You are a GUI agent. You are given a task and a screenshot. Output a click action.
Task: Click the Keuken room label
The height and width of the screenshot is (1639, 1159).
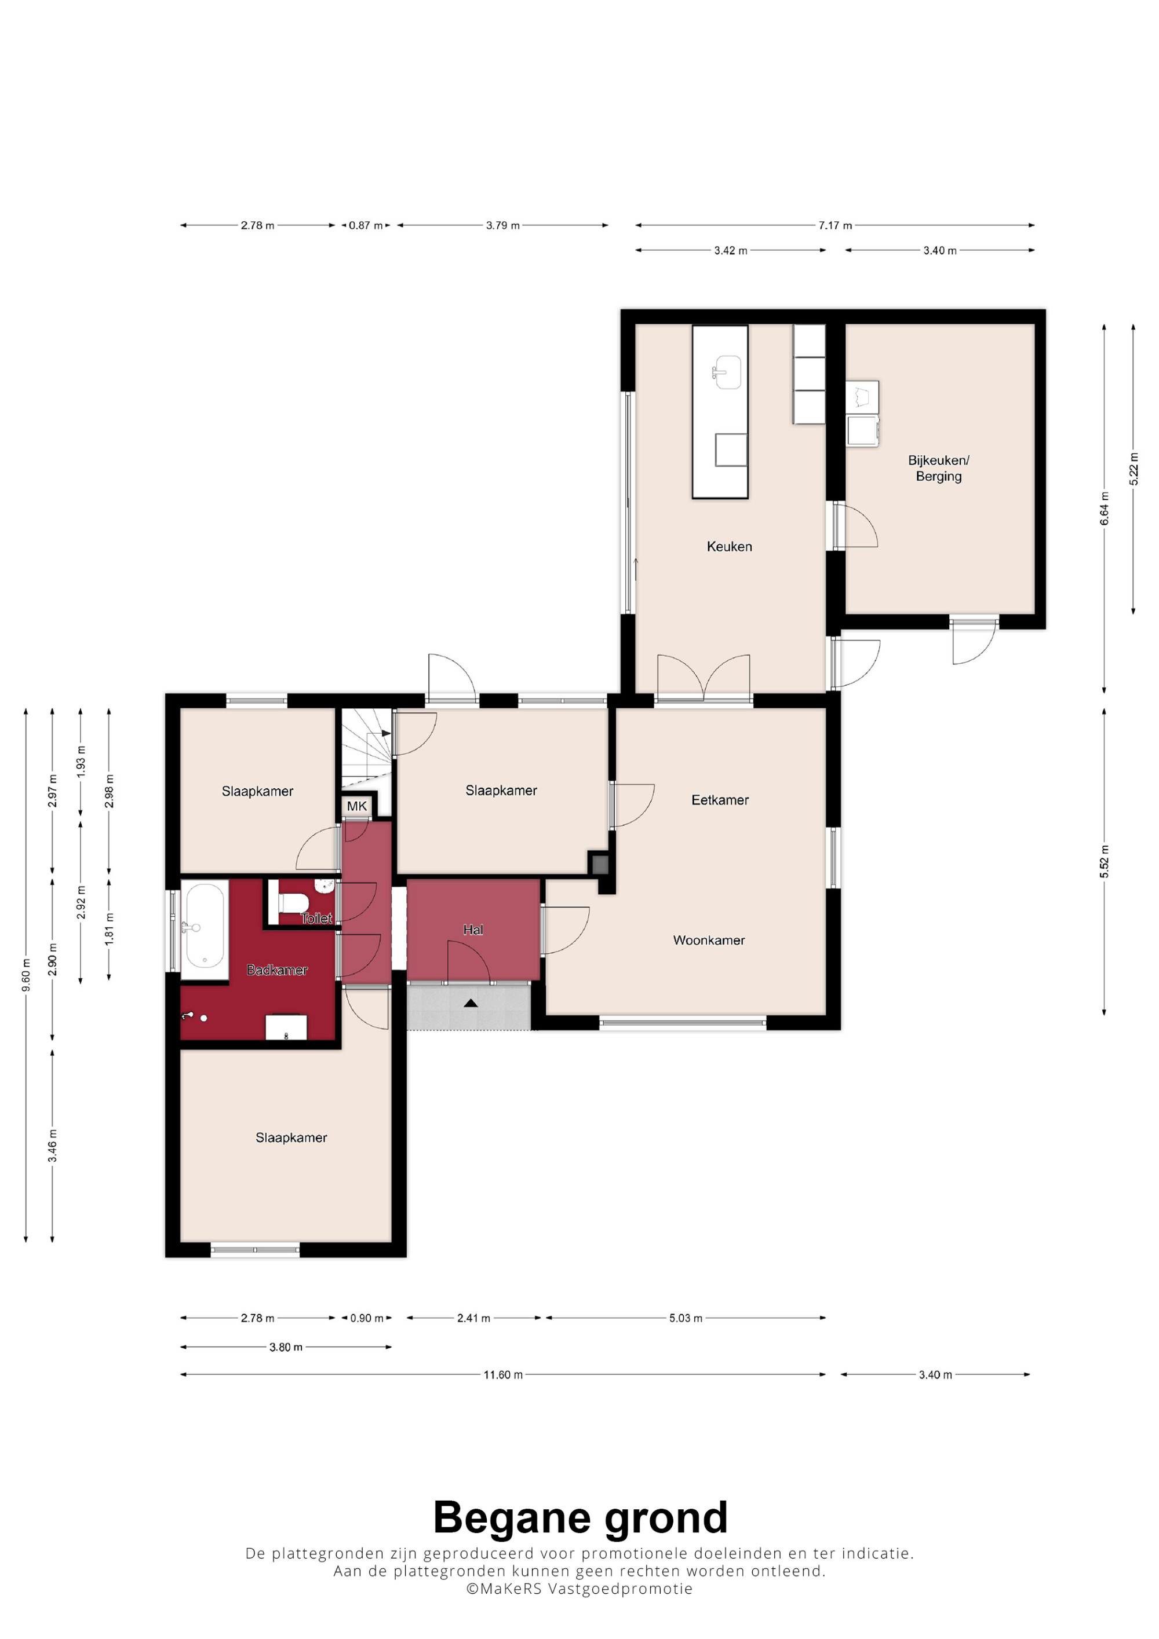[x=729, y=547]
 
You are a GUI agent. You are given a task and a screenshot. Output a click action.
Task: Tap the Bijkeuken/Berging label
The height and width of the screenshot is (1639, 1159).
[x=938, y=469]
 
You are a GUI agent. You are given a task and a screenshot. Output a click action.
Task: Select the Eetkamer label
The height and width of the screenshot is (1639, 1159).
[x=720, y=800]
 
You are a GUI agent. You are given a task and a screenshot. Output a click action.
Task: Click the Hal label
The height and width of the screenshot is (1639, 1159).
[x=473, y=930]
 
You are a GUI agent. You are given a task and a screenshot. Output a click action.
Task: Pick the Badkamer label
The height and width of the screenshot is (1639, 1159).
[x=277, y=970]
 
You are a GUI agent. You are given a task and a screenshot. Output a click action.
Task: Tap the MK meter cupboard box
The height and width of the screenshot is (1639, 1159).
[x=356, y=806]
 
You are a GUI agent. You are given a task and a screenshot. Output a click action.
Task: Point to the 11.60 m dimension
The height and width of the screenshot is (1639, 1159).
[x=503, y=1374]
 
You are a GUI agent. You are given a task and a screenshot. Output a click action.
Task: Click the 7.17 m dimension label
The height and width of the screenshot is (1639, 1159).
[x=835, y=225]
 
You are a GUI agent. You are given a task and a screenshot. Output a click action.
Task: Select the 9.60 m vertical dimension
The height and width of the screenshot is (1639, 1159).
[x=25, y=975]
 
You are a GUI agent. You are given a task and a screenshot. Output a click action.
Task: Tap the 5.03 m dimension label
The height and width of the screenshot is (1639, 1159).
[x=686, y=1318]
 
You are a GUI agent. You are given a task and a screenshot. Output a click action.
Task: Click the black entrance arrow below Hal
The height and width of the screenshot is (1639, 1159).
[x=470, y=1003]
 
